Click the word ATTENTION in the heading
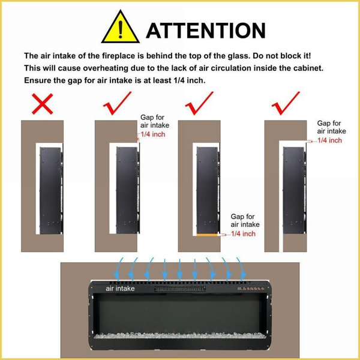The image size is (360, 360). (x=206, y=31)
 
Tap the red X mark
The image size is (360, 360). (x=43, y=104)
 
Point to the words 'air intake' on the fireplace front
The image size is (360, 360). (x=120, y=289)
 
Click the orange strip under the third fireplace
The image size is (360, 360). (x=207, y=235)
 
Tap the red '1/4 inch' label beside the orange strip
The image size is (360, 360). (x=243, y=234)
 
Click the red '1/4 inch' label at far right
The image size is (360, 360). (x=329, y=140)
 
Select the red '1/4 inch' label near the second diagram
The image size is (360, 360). (x=153, y=134)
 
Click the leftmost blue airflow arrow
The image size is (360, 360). (x=118, y=269)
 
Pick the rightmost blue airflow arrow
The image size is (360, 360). (x=242, y=269)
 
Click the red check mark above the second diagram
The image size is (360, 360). (x=117, y=103)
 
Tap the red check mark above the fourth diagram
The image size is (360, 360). (x=286, y=103)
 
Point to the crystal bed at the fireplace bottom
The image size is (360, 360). (x=180, y=335)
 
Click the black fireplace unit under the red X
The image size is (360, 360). (x=51, y=191)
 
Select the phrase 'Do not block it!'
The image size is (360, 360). (x=282, y=56)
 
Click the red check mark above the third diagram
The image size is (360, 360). (x=199, y=103)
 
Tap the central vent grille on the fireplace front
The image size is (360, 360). (x=180, y=289)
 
